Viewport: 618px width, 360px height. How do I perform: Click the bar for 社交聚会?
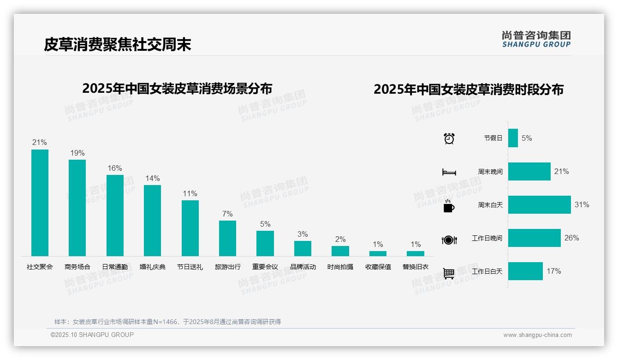40,203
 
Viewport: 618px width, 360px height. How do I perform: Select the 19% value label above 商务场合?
77,153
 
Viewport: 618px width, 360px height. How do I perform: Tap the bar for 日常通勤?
115,215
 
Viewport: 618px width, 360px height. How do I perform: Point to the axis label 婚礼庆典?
153,267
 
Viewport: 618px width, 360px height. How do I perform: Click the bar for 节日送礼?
190,228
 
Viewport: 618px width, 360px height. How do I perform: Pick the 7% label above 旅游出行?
227,214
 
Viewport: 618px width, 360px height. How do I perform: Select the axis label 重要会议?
265,267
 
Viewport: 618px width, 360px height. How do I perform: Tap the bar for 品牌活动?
303,248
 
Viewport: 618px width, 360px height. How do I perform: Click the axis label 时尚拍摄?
340,267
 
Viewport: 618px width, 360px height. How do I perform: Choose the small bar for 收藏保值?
378,253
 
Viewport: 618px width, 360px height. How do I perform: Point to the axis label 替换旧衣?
416,267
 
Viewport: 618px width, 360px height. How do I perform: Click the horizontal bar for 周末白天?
539,205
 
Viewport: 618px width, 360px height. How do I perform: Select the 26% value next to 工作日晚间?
572,238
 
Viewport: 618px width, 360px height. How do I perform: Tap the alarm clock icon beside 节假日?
449,138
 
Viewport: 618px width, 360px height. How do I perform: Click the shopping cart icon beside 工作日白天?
449,273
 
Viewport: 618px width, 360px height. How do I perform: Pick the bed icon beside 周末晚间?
449,172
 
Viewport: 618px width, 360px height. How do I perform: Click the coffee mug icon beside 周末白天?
449,206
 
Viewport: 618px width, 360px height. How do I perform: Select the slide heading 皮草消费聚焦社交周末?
118,44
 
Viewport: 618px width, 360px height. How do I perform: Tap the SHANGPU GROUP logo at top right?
536,39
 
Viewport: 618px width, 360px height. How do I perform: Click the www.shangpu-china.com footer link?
537,335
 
